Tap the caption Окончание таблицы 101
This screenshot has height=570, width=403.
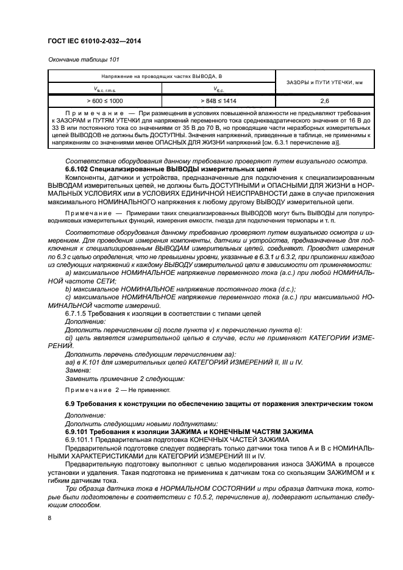[x=82, y=60]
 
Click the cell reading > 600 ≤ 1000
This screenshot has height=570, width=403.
[x=104, y=99]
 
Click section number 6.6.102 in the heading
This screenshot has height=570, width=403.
[x=79, y=168]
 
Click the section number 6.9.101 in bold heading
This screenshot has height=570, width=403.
[x=79, y=430]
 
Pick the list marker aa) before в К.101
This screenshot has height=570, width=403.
[x=70, y=362]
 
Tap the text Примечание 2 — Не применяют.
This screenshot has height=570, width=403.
[x=118, y=388]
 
